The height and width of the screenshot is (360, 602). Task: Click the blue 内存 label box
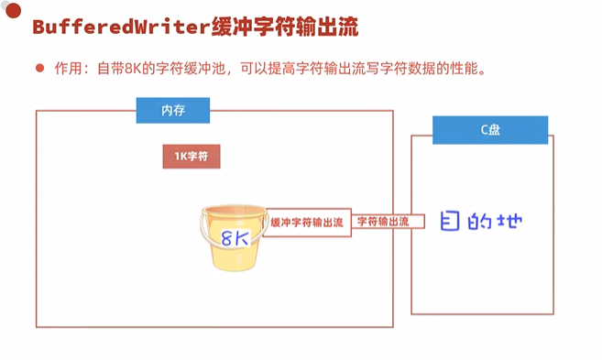point(173,111)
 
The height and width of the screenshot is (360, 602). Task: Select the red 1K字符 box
point(192,157)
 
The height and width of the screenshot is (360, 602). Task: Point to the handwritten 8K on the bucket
point(235,238)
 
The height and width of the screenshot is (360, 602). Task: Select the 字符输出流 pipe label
point(383,222)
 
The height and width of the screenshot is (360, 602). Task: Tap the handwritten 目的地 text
point(481,221)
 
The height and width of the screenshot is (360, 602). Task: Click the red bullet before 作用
point(39,68)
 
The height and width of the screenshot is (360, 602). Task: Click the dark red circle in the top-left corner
point(13,10)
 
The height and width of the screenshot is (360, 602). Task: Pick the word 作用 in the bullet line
point(69,68)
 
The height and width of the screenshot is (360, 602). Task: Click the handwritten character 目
point(450,221)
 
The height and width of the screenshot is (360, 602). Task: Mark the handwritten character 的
point(479,221)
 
